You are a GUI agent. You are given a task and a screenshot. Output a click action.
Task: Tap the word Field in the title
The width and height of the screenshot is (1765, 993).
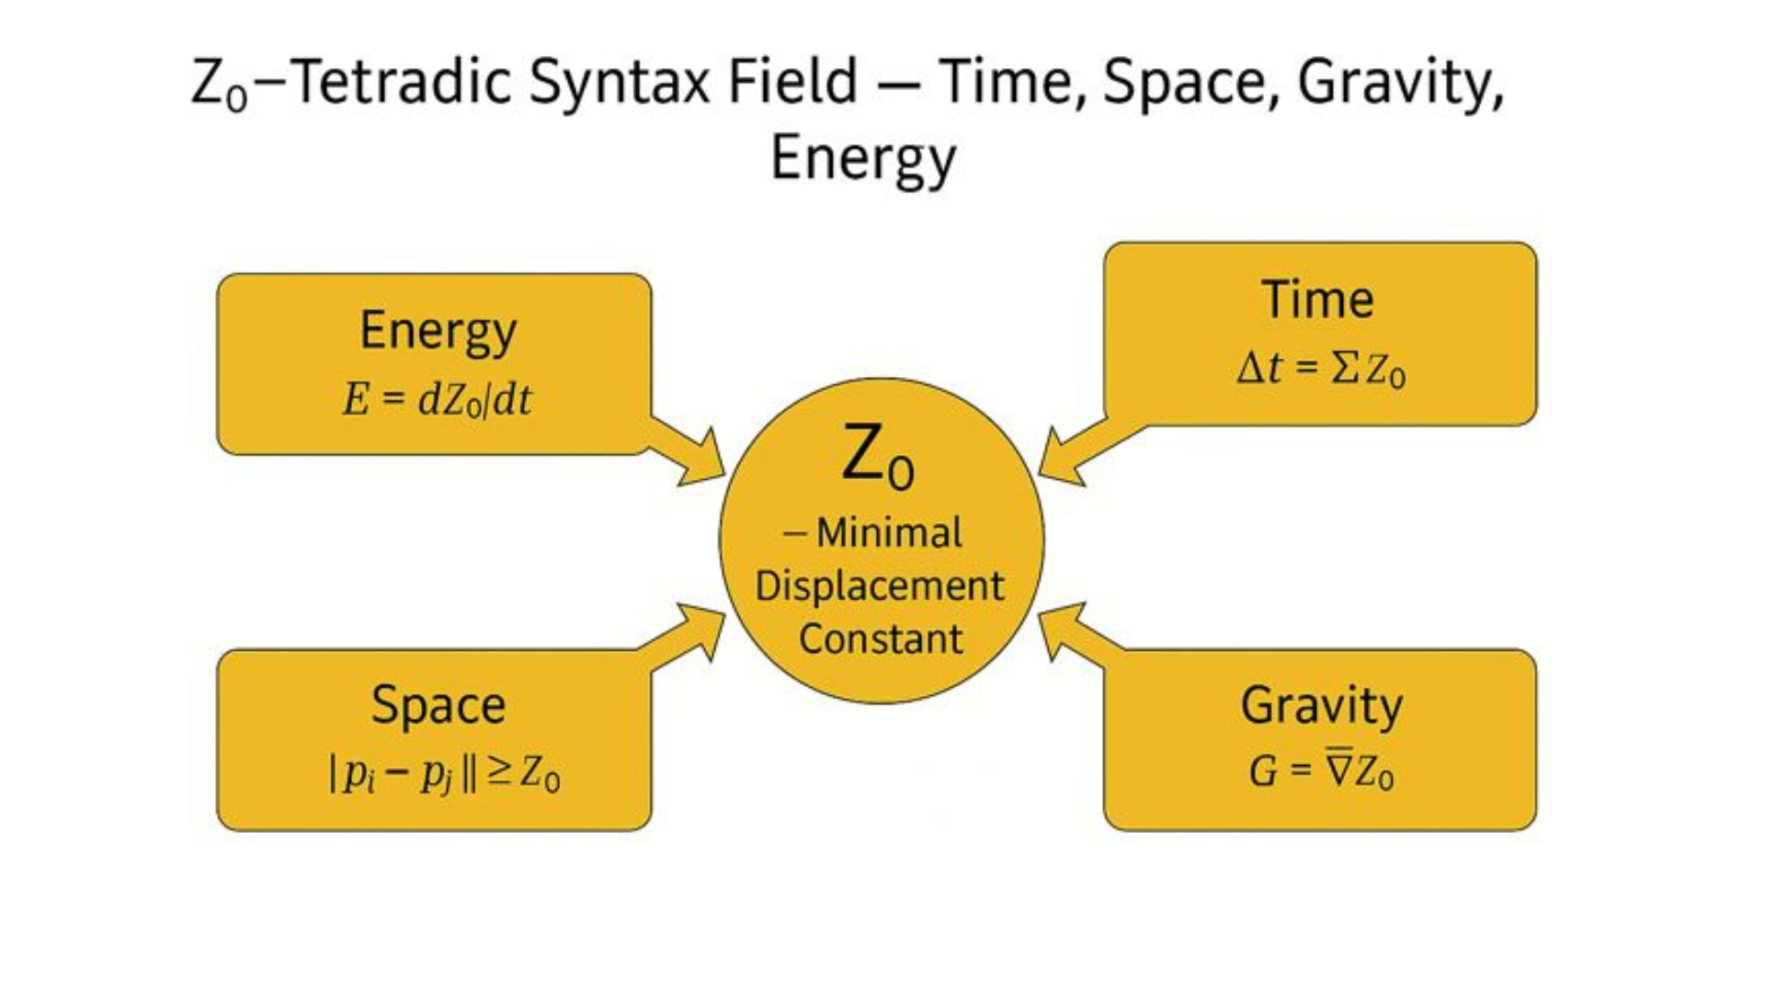click(793, 81)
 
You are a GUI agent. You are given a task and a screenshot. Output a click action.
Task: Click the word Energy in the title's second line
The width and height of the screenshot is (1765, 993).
click(863, 159)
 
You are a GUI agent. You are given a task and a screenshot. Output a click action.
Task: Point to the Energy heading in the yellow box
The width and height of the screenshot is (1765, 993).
click(438, 332)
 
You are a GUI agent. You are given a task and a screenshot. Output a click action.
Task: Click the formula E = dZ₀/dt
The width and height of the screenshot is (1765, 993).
click(437, 400)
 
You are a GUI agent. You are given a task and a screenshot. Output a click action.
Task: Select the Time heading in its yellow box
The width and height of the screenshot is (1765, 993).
click(1317, 299)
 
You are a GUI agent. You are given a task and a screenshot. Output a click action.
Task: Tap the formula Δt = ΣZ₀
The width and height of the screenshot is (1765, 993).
click(1321, 369)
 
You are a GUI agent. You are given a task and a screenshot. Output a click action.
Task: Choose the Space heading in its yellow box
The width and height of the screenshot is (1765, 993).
click(438, 707)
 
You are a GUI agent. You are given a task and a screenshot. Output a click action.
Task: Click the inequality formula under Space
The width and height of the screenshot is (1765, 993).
click(444, 774)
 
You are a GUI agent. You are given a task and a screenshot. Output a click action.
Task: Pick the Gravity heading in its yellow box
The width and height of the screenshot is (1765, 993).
click(1321, 707)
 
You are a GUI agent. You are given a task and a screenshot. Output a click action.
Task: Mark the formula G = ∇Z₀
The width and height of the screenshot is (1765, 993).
click(1321, 770)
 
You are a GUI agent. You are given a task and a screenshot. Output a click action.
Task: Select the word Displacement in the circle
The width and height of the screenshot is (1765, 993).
click(880, 587)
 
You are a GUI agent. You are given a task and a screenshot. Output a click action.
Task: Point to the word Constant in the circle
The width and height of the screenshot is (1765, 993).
click(881, 638)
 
